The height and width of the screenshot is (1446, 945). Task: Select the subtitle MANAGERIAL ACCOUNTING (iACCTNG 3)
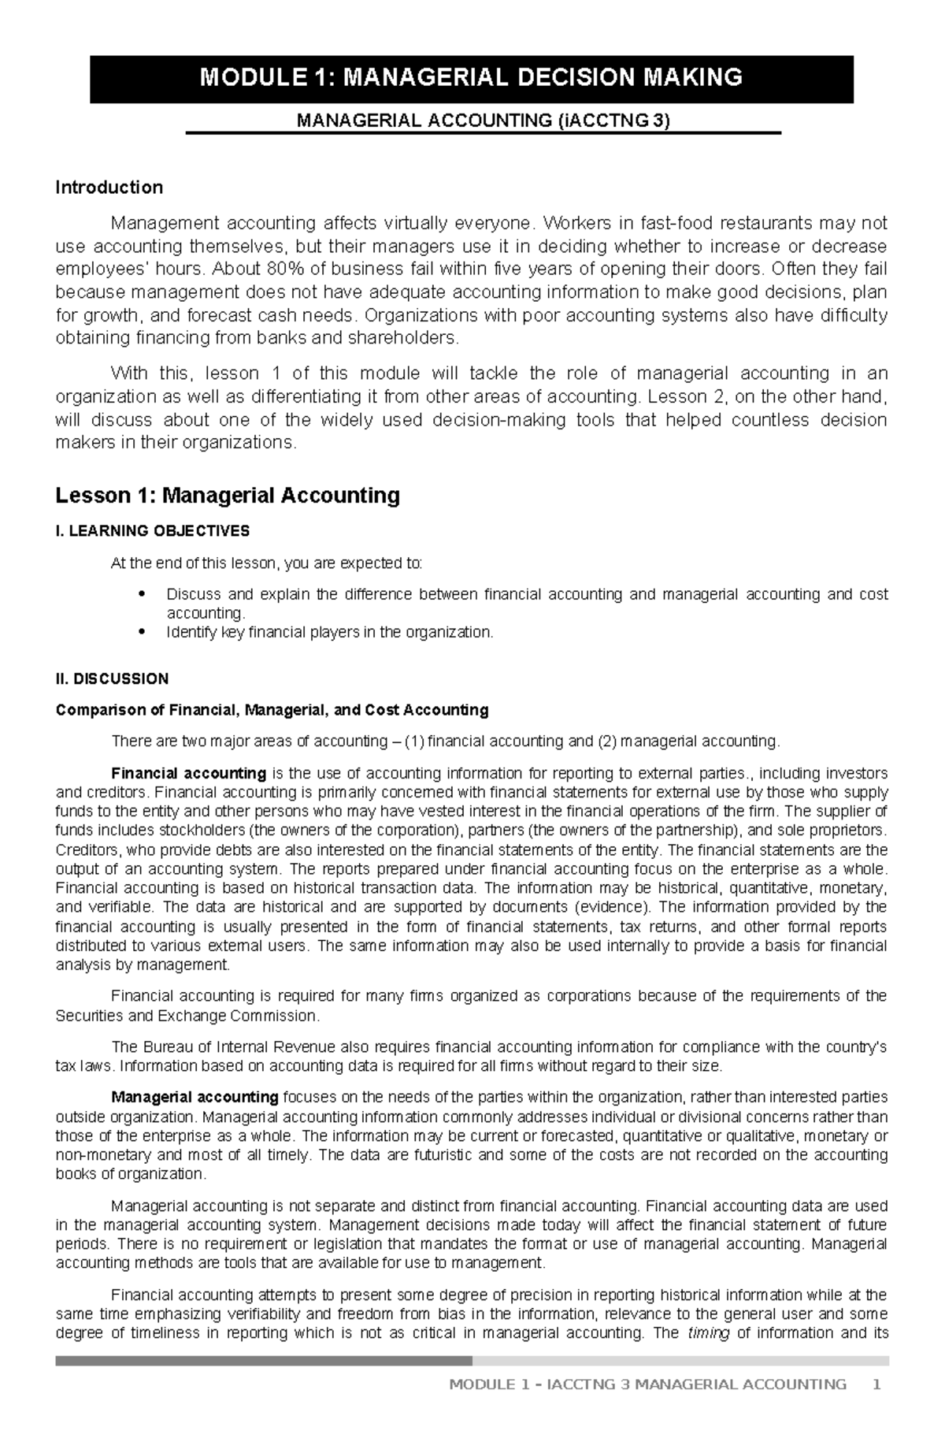coord(482,121)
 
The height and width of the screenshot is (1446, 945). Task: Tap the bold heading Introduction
coord(109,188)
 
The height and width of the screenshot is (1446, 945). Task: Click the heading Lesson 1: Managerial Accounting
coord(228,496)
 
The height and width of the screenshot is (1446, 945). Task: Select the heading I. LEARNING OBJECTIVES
coord(152,531)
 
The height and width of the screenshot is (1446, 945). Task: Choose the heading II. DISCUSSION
coord(112,678)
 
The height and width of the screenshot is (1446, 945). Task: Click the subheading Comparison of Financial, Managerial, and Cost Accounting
coord(272,710)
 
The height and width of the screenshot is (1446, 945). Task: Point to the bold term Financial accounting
coord(189,773)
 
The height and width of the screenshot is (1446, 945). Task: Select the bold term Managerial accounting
coord(195,1097)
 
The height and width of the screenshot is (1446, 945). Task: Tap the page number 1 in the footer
coord(876,1407)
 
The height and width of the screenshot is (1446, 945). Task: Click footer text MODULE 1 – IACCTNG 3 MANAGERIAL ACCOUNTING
coord(647,1407)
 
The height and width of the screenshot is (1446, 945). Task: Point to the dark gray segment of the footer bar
coord(264,1361)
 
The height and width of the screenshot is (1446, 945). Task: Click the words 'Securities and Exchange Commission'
coord(187,1016)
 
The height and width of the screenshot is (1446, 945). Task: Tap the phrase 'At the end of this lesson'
coord(193,563)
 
